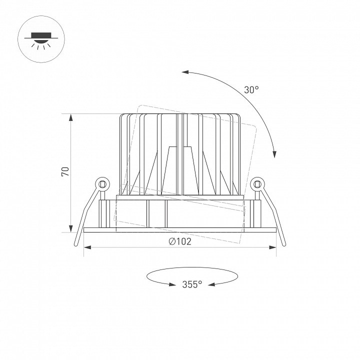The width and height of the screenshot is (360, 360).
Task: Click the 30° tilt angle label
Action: coord(251,90)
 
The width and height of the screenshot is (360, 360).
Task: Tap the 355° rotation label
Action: coord(192,284)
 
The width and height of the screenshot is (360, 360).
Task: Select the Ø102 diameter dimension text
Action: coord(180,241)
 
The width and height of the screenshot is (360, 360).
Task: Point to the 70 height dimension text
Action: coord(65,171)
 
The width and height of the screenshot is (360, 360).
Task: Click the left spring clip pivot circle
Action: coord(102,184)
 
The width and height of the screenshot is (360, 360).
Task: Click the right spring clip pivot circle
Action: coord(257,184)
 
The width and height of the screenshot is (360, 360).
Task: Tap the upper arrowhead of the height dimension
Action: coord(71,118)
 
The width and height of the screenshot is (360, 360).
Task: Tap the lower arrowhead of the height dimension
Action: coord(71,228)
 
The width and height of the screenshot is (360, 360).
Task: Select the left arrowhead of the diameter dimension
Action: coord(87,247)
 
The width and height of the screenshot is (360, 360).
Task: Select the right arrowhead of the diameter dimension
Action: coord(272,247)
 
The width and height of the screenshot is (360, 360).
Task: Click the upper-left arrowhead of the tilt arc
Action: coord(185,72)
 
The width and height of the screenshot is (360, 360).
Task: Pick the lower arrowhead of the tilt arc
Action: coord(274,154)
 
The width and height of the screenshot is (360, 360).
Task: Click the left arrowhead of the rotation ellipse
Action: coord(172,284)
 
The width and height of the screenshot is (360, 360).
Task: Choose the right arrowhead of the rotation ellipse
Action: coord(211,284)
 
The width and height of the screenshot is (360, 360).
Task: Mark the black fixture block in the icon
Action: coord(41,35)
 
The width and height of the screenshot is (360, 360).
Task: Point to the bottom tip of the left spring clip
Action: coord(76,244)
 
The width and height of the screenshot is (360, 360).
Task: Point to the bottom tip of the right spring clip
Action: coord(284,244)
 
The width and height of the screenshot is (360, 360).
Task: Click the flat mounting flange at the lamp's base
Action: coord(180,230)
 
